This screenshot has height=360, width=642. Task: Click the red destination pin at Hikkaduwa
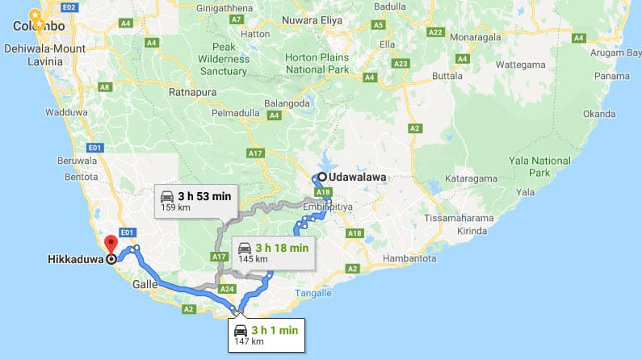point(111,242)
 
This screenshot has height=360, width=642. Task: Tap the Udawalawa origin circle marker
point(321,178)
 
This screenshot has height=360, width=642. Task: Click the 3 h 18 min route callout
point(273,252)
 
